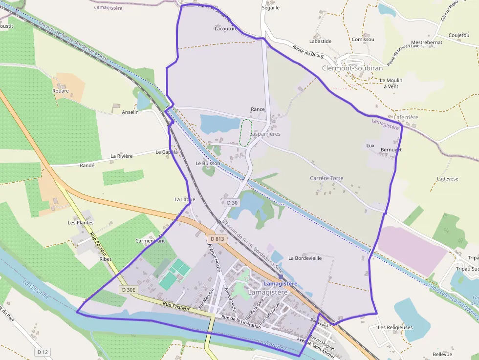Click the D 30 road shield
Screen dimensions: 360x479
pyautogui.click(x=232, y=202)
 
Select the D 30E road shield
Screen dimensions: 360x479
pyautogui.click(x=129, y=290)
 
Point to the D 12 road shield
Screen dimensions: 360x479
pyautogui.click(x=43, y=352)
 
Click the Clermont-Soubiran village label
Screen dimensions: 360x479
pyautogui.click(x=352, y=68)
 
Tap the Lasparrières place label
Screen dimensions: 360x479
pyautogui.click(x=265, y=134)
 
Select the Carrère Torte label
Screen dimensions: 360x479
pyautogui.click(x=327, y=178)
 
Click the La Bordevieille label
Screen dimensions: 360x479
pyautogui.click(x=305, y=258)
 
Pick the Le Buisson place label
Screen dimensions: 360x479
pyautogui.click(x=208, y=163)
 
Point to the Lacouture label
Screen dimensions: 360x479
pyautogui.click(x=226, y=28)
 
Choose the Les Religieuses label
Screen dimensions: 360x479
pyautogui.click(x=395, y=327)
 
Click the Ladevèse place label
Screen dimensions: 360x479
pyautogui.click(x=447, y=179)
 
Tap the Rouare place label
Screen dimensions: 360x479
pyautogui.click(x=61, y=91)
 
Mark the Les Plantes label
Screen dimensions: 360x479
pyautogui.click(x=81, y=223)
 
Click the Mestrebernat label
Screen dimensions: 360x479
pyautogui.click(x=427, y=42)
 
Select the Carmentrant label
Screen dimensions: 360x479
pyautogui.click(x=150, y=241)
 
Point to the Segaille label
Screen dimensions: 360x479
pyautogui.click(x=271, y=8)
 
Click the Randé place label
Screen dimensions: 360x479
pyautogui.click(x=87, y=166)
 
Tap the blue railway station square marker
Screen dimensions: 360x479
pyautogui.click(x=281, y=276)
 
